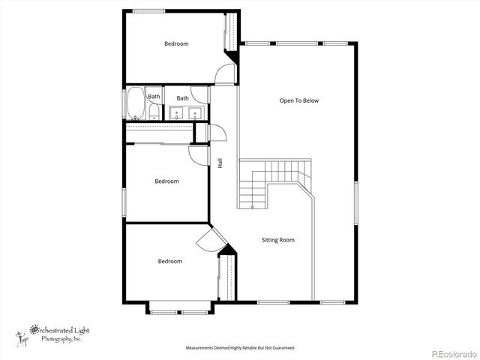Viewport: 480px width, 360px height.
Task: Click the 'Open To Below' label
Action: [299, 100]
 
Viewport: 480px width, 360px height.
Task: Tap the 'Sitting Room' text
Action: [277, 240]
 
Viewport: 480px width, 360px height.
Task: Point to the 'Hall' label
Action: [220, 163]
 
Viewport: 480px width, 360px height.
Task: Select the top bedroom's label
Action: [176, 43]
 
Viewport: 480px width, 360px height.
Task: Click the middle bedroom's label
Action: [166, 181]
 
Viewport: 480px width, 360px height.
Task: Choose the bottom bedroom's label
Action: [169, 261]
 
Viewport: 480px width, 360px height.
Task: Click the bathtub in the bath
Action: [135, 104]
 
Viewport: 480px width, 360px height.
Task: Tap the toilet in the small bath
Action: [153, 113]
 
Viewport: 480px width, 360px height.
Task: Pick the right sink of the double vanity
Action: [196, 113]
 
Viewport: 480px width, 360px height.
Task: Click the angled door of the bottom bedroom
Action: [207, 241]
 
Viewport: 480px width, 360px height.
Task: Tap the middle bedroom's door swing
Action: [199, 155]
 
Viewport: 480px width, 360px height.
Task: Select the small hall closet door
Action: [217, 133]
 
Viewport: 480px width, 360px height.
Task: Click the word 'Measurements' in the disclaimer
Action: [200, 348]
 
